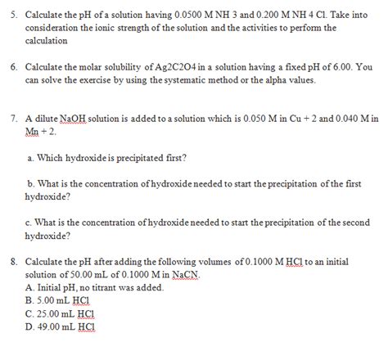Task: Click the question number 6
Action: pyautogui.click(x=8, y=66)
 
